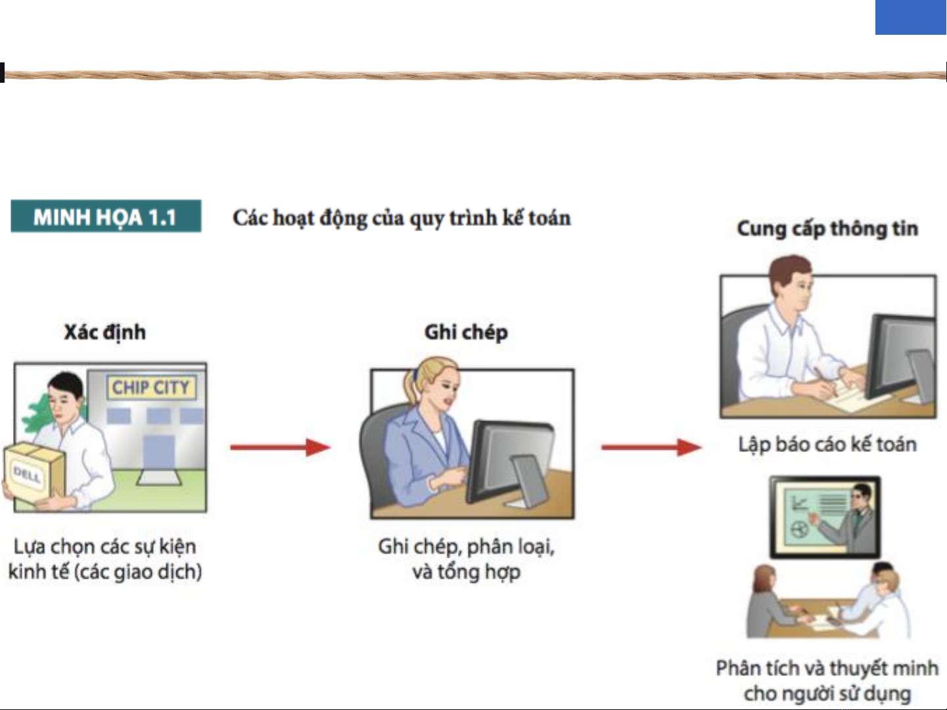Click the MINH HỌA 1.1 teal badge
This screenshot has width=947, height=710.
(x=106, y=216)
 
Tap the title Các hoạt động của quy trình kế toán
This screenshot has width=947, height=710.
(x=402, y=218)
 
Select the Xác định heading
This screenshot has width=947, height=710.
(x=105, y=333)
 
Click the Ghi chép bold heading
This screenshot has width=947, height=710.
(x=467, y=333)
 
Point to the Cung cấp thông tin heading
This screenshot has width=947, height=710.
(x=827, y=229)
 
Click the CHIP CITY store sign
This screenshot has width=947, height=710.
(x=151, y=387)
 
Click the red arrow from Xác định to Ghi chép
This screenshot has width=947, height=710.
(x=281, y=447)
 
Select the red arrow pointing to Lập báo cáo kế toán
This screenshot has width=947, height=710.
(x=651, y=447)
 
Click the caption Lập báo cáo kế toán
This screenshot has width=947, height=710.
(x=827, y=445)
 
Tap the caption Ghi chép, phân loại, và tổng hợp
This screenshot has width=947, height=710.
(x=467, y=559)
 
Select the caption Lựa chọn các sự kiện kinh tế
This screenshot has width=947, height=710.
(x=105, y=559)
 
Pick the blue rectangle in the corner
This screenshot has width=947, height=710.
(x=911, y=17)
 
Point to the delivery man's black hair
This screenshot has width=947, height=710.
(x=66, y=383)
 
